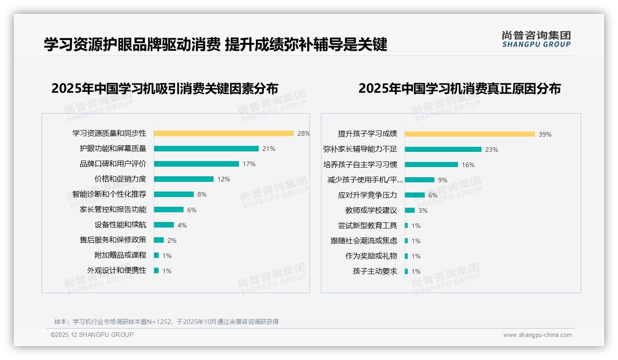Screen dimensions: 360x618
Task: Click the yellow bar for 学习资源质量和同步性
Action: point(224,133)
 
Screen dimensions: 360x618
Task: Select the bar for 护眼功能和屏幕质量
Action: point(206,149)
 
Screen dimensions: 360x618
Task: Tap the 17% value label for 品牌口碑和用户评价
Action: point(249,164)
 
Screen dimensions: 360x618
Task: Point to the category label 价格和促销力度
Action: point(120,179)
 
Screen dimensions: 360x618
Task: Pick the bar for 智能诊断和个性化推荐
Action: point(174,194)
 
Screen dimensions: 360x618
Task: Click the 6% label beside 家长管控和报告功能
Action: point(192,210)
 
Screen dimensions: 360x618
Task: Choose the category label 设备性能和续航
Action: point(120,225)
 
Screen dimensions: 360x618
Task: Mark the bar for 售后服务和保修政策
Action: point(159,240)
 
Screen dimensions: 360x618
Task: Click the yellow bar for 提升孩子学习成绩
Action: point(470,134)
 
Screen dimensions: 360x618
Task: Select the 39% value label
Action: point(545,135)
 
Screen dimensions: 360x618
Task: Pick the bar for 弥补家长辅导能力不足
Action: point(443,150)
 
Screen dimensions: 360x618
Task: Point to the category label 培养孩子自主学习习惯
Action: point(360,165)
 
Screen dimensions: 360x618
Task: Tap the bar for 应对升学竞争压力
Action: point(415,195)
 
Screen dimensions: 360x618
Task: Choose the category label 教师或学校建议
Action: point(371,210)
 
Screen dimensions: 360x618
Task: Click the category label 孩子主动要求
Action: point(374,271)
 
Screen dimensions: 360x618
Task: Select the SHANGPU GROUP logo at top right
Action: point(536,39)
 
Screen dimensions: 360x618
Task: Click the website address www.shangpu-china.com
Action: point(537,335)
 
